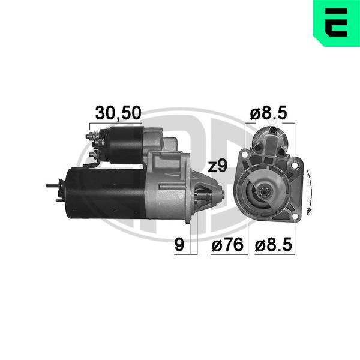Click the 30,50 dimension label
(118, 113)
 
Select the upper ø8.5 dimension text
(269, 113)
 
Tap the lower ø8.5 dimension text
(274, 245)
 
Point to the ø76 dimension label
(227, 245)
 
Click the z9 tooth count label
(217, 166)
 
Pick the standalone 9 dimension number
(179, 245)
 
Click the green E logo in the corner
(337, 23)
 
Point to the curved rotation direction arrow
(310, 193)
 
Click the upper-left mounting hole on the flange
(245, 154)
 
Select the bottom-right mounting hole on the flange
(295, 216)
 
